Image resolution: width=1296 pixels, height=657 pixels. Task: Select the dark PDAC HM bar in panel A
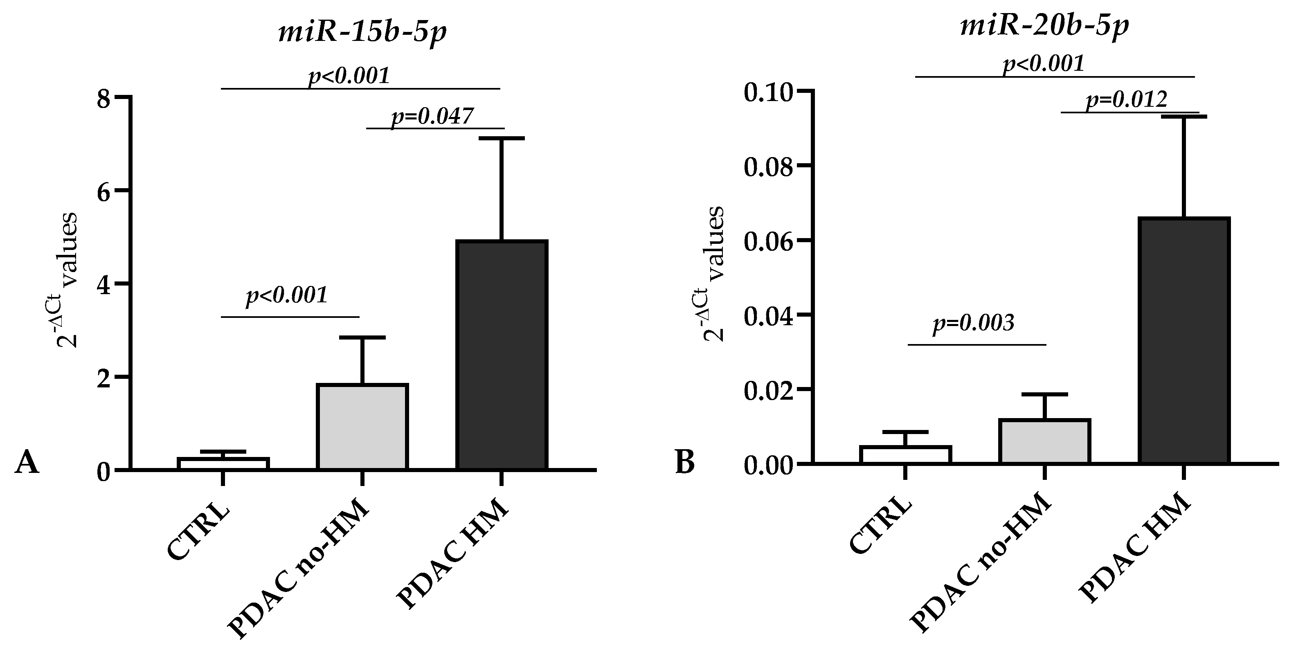click(501, 355)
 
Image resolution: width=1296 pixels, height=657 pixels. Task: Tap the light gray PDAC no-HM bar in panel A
click(362, 427)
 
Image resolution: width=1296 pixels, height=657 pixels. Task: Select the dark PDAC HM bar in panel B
click(1184, 340)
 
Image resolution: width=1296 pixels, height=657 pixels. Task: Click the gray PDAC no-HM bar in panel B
click(1044, 441)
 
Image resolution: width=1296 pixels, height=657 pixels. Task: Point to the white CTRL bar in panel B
click(905, 455)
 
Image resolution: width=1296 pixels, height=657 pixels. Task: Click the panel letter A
click(26, 463)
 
